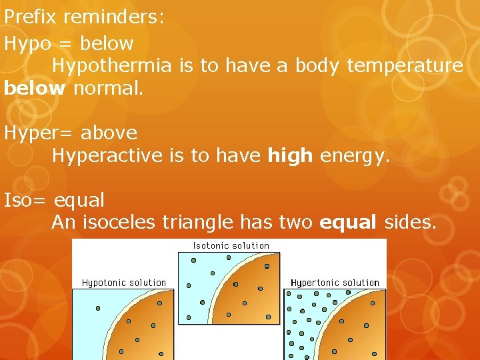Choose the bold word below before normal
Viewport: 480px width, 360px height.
35,88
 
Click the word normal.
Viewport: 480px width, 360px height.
108,88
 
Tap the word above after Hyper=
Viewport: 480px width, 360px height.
109,133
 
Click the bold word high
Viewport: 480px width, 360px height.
290,155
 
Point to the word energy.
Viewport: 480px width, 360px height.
354,155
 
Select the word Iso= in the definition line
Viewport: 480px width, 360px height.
27,200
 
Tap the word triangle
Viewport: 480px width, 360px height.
198,222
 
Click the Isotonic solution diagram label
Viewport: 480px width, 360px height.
231,245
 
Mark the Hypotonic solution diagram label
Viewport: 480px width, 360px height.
124,283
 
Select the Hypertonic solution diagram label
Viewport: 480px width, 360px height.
335,283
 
